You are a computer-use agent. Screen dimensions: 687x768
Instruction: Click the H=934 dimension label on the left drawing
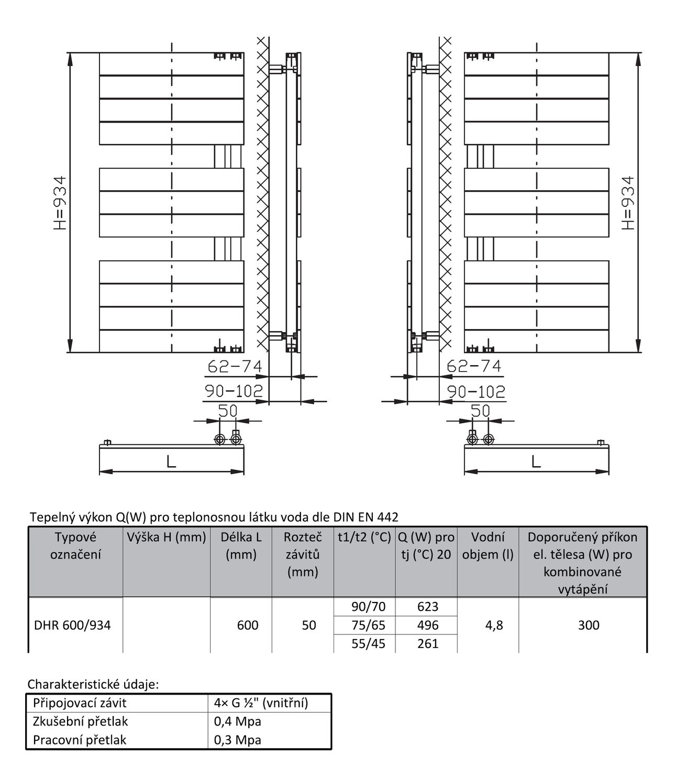click(60, 203)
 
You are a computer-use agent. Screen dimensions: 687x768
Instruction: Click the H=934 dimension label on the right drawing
click(628, 203)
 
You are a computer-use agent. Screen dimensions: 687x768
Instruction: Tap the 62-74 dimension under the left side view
click(235, 366)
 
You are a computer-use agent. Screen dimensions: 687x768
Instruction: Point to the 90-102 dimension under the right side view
click(476, 391)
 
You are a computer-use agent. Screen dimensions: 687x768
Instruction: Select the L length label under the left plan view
click(171, 462)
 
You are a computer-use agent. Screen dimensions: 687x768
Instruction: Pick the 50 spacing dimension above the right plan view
click(481, 411)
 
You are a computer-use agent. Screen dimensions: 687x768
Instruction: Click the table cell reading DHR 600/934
click(72, 625)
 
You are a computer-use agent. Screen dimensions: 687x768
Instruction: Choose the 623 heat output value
click(428, 607)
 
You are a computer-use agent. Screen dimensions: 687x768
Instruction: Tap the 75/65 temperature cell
click(368, 625)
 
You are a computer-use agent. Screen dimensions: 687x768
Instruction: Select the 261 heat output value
click(428, 644)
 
